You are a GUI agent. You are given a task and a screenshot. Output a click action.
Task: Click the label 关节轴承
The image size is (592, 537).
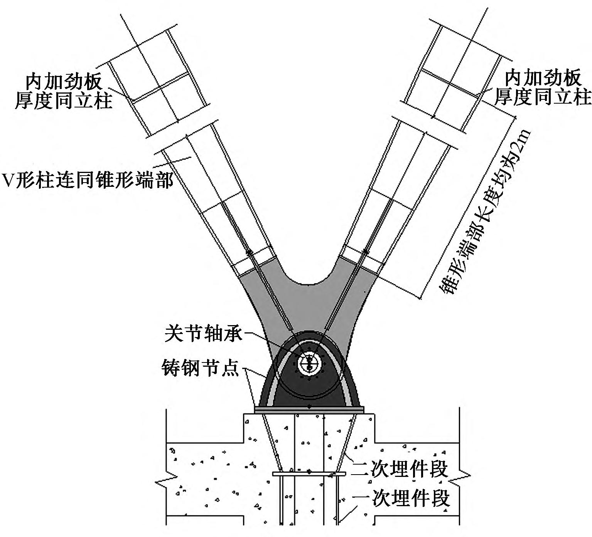click(x=203, y=333)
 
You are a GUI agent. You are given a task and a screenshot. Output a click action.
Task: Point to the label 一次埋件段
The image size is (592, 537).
click(x=401, y=499)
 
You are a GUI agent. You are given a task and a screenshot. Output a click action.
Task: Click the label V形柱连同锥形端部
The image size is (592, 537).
click(x=88, y=180)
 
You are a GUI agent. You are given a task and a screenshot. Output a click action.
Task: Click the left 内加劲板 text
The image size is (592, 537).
click(x=64, y=81)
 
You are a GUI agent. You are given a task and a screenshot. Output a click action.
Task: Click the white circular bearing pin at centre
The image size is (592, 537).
click(x=309, y=362)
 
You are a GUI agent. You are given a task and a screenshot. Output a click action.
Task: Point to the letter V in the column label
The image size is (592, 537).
click(x=8, y=180)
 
